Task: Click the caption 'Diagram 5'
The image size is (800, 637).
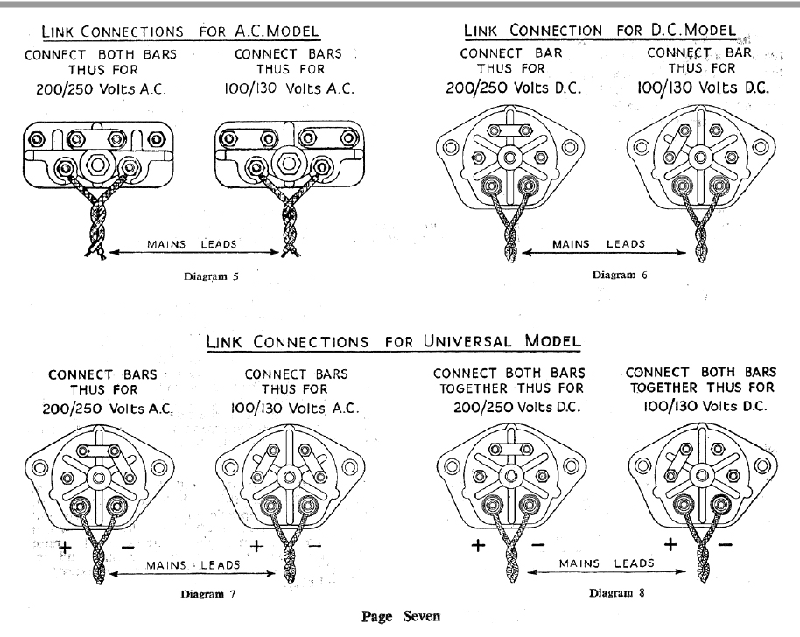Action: coord(211,276)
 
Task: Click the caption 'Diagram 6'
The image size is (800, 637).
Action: coord(620,275)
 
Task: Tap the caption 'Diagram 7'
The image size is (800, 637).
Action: coord(207,594)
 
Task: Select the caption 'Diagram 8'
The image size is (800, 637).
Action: coord(616,592)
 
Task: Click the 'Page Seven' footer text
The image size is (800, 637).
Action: coord(401,617)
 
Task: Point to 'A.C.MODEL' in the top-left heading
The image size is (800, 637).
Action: coord(277,31)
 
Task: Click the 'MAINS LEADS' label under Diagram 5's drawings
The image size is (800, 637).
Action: coord(192,244)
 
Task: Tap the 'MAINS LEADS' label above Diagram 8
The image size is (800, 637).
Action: coord(607,563)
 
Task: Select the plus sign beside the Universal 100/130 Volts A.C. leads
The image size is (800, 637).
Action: coord(256,546)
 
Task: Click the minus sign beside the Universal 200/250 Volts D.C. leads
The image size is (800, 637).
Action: coord(537,545)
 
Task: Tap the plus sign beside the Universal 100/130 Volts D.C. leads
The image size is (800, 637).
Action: coord(670,544)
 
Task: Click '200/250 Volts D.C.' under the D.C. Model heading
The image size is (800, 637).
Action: coord(514,87)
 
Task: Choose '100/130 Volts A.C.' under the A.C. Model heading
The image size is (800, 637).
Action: coord(290,88)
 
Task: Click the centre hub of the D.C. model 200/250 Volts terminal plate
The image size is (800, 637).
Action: coord(509,157)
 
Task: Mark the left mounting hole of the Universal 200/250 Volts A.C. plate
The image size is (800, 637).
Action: coord(39,467)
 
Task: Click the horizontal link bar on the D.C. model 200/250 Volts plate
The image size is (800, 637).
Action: coord(509,130)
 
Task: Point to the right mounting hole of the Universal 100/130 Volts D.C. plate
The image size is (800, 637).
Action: coord(762,465)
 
